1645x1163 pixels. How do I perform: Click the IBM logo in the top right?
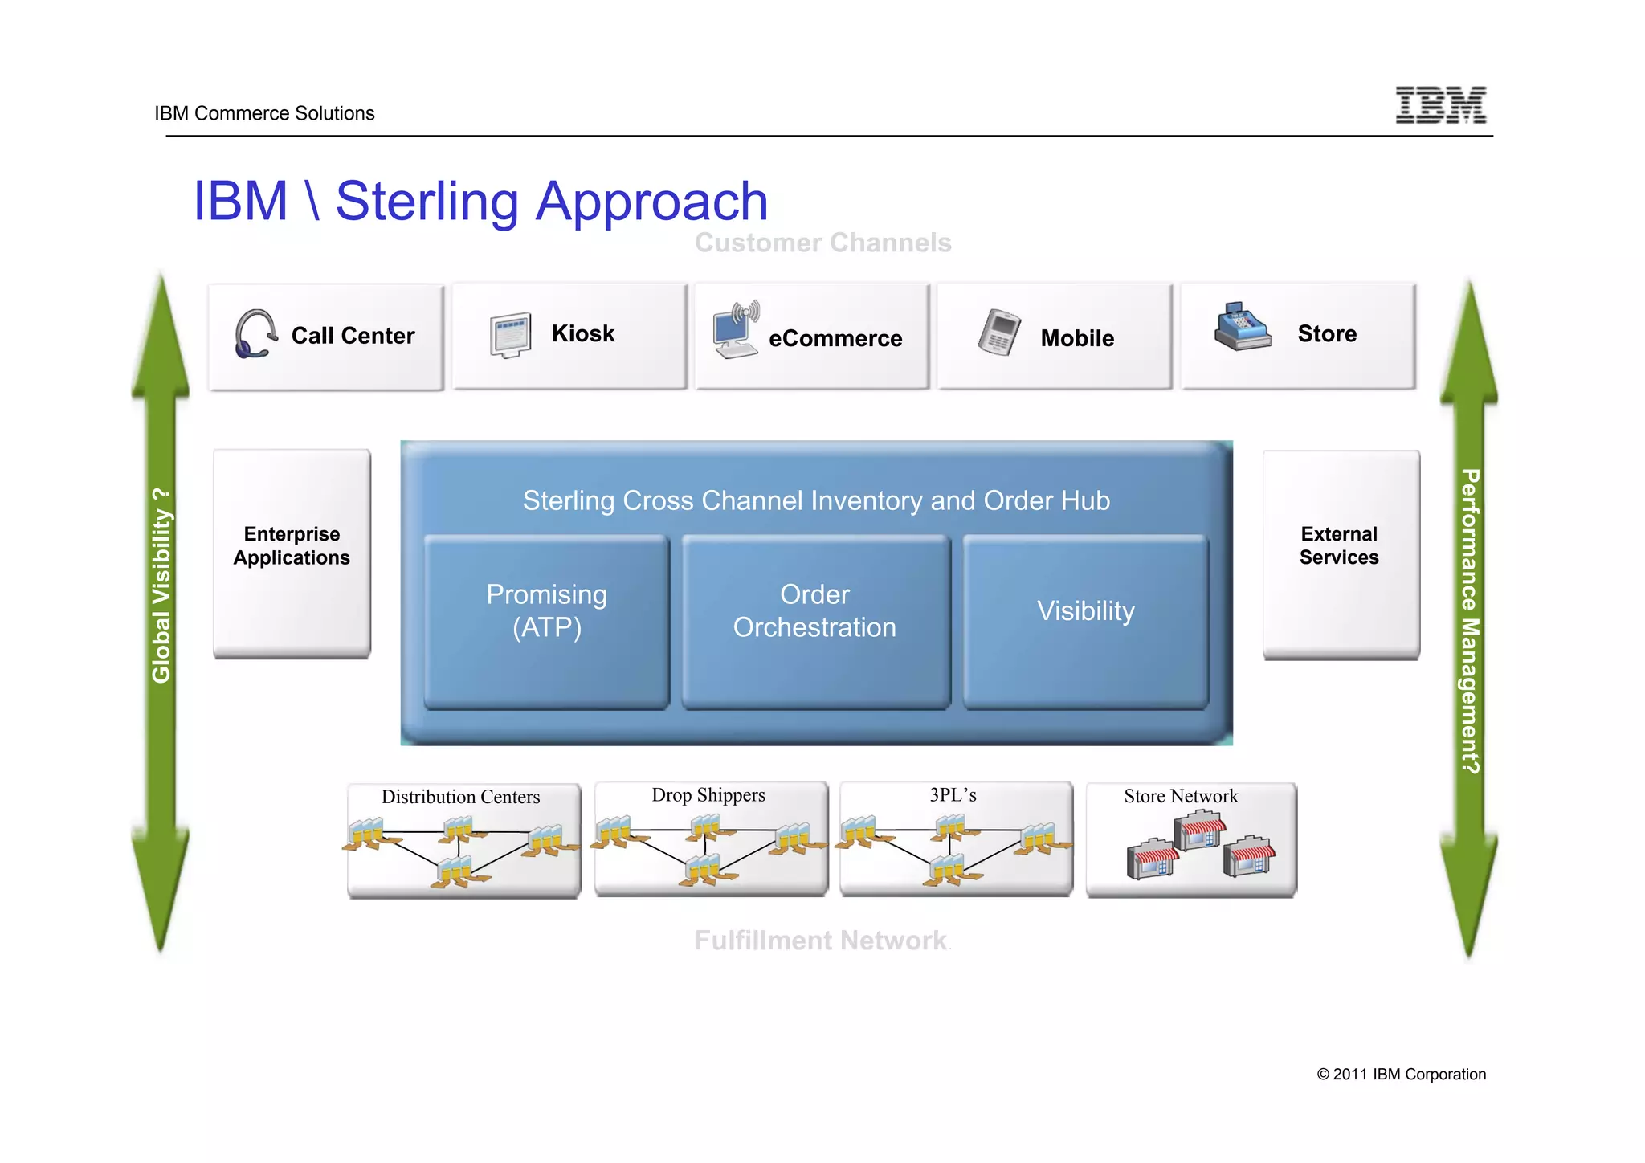click(1440, 105)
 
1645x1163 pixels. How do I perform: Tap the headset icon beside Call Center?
click(255, 334)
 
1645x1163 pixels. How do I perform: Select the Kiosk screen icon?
click(511, 335)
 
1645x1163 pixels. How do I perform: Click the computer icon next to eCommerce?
click(735, 332)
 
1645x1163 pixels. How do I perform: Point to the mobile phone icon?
click(999, 333)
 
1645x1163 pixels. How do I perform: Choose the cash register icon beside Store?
click(1242, 328)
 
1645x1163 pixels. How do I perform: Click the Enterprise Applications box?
click(292, 553)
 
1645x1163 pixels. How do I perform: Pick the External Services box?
click(1340, 553)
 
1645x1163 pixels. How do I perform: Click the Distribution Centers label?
click(460, 797)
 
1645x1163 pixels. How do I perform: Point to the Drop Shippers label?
click(708, 795)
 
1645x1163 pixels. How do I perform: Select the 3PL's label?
click(953, 795)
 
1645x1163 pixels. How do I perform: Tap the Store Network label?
click(1180, 796)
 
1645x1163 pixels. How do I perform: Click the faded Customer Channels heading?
click(822, 243)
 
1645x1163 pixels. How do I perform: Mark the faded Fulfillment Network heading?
click(821, 941)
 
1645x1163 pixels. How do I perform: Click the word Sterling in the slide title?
click(427, 201)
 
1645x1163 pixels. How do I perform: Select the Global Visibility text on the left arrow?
click(161, 586)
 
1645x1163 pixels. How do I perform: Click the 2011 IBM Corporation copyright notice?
click(1401, 1075)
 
